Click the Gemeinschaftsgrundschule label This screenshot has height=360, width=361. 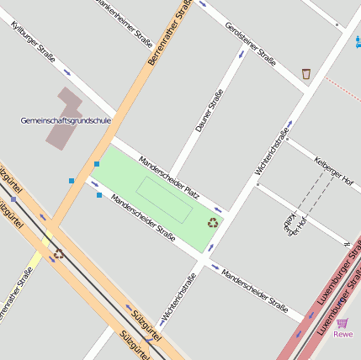point(66,120)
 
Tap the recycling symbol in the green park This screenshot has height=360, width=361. point(213,223)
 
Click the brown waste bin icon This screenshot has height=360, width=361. point(305,74)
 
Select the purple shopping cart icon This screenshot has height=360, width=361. point(342,322)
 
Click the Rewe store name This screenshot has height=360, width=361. point(342,334)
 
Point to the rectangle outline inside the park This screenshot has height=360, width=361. point(164,199)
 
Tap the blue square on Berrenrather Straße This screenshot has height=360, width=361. point(97,163)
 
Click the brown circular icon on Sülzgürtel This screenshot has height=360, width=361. point(58,253)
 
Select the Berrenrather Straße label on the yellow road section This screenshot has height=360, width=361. point(167,34)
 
